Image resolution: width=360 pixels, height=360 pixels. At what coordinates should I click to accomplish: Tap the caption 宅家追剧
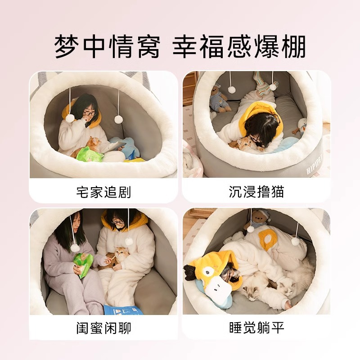point(103,192)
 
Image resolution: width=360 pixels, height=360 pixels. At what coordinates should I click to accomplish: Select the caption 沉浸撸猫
point(256,192)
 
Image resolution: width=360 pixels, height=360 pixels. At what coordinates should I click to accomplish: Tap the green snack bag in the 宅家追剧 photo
point(90,155)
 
